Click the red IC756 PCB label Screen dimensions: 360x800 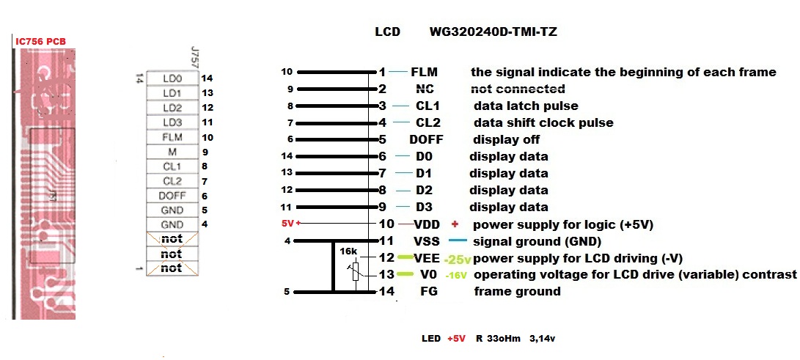point(40,41)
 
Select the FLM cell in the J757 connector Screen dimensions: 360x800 point(172,137)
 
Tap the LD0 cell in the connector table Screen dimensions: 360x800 point(172,78)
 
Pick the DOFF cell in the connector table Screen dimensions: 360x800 point(172,196)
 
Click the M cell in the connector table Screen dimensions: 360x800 point(172,152)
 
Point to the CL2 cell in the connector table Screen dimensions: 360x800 point(172,181)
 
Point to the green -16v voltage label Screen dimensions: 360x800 point(456,276)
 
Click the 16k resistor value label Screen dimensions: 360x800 point(348,251)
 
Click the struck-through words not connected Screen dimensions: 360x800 point(517,89)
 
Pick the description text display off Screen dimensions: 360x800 point(506,139)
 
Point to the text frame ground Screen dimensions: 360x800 point(517,292)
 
